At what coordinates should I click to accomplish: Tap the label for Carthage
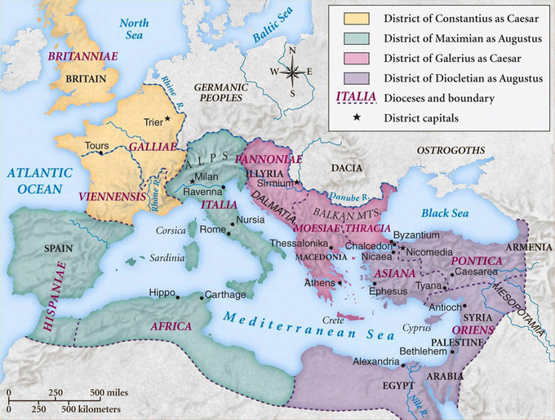coord(223,294)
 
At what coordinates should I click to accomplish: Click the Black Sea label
coord(444,214)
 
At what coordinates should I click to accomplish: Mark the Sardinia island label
coord(166,259)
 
